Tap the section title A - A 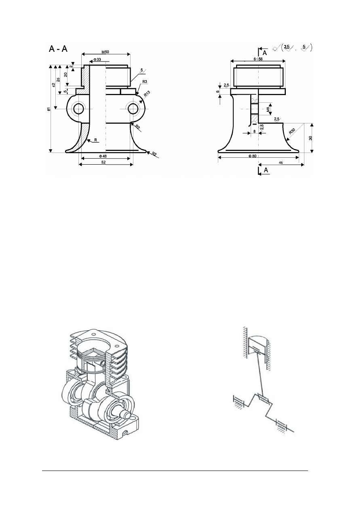[x=58, y=49]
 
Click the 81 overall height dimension [x=49, y=109]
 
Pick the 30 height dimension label [x=310, y=138]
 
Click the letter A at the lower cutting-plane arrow [x=265, y=171]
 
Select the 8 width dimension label [x=254, y=131]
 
